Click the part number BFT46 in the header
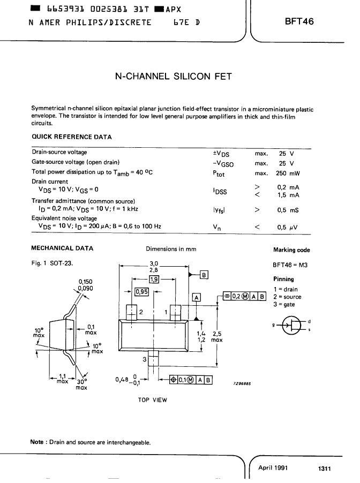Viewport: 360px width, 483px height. [299, 21]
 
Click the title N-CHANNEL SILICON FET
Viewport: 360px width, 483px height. [173, 77]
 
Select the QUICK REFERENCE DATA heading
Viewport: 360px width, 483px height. [72, 137]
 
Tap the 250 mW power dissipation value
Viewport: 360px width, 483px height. [288, 173]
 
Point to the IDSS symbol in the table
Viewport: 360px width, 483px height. [220, 191]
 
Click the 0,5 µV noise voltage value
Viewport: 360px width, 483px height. [287, 228]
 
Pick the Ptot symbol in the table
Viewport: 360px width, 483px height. [219, 173]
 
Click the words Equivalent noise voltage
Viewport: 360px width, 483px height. [64, 218]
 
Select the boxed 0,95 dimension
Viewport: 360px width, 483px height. [142, 291]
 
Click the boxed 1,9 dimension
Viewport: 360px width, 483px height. [154, 279]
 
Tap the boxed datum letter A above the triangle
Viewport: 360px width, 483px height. [196, 297]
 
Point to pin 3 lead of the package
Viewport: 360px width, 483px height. [153, 358]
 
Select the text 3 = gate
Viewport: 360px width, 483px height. [284, 304]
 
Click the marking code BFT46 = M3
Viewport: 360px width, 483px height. [290, 265]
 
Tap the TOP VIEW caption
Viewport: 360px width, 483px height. [152, 400]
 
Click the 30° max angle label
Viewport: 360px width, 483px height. [81, 384]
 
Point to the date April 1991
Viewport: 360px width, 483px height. [273, 467]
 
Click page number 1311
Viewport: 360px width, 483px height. [324, 469]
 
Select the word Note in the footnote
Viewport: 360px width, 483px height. [36, 442]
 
